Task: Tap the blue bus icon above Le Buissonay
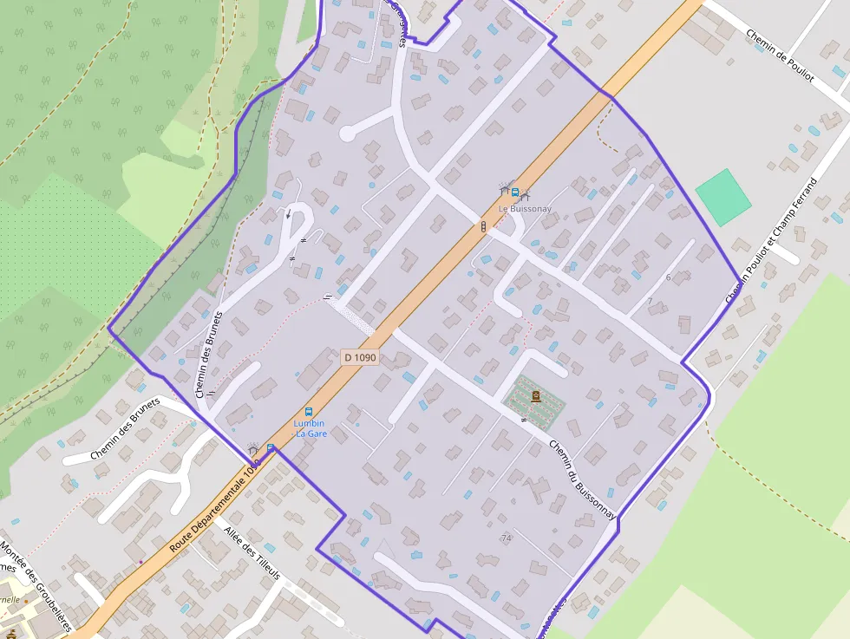point(515,192)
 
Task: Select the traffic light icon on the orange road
point(483,227)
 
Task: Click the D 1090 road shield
point(359,356)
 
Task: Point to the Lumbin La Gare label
point(310,428)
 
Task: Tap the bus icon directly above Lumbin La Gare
point(308,412)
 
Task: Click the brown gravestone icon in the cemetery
point(535,396)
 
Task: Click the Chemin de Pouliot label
point(780,55)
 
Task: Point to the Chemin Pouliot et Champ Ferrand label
point(772,241)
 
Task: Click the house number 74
point(507,538)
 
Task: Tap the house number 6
point(668,277)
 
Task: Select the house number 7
point(650,302)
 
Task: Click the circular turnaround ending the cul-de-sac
point(347,134)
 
